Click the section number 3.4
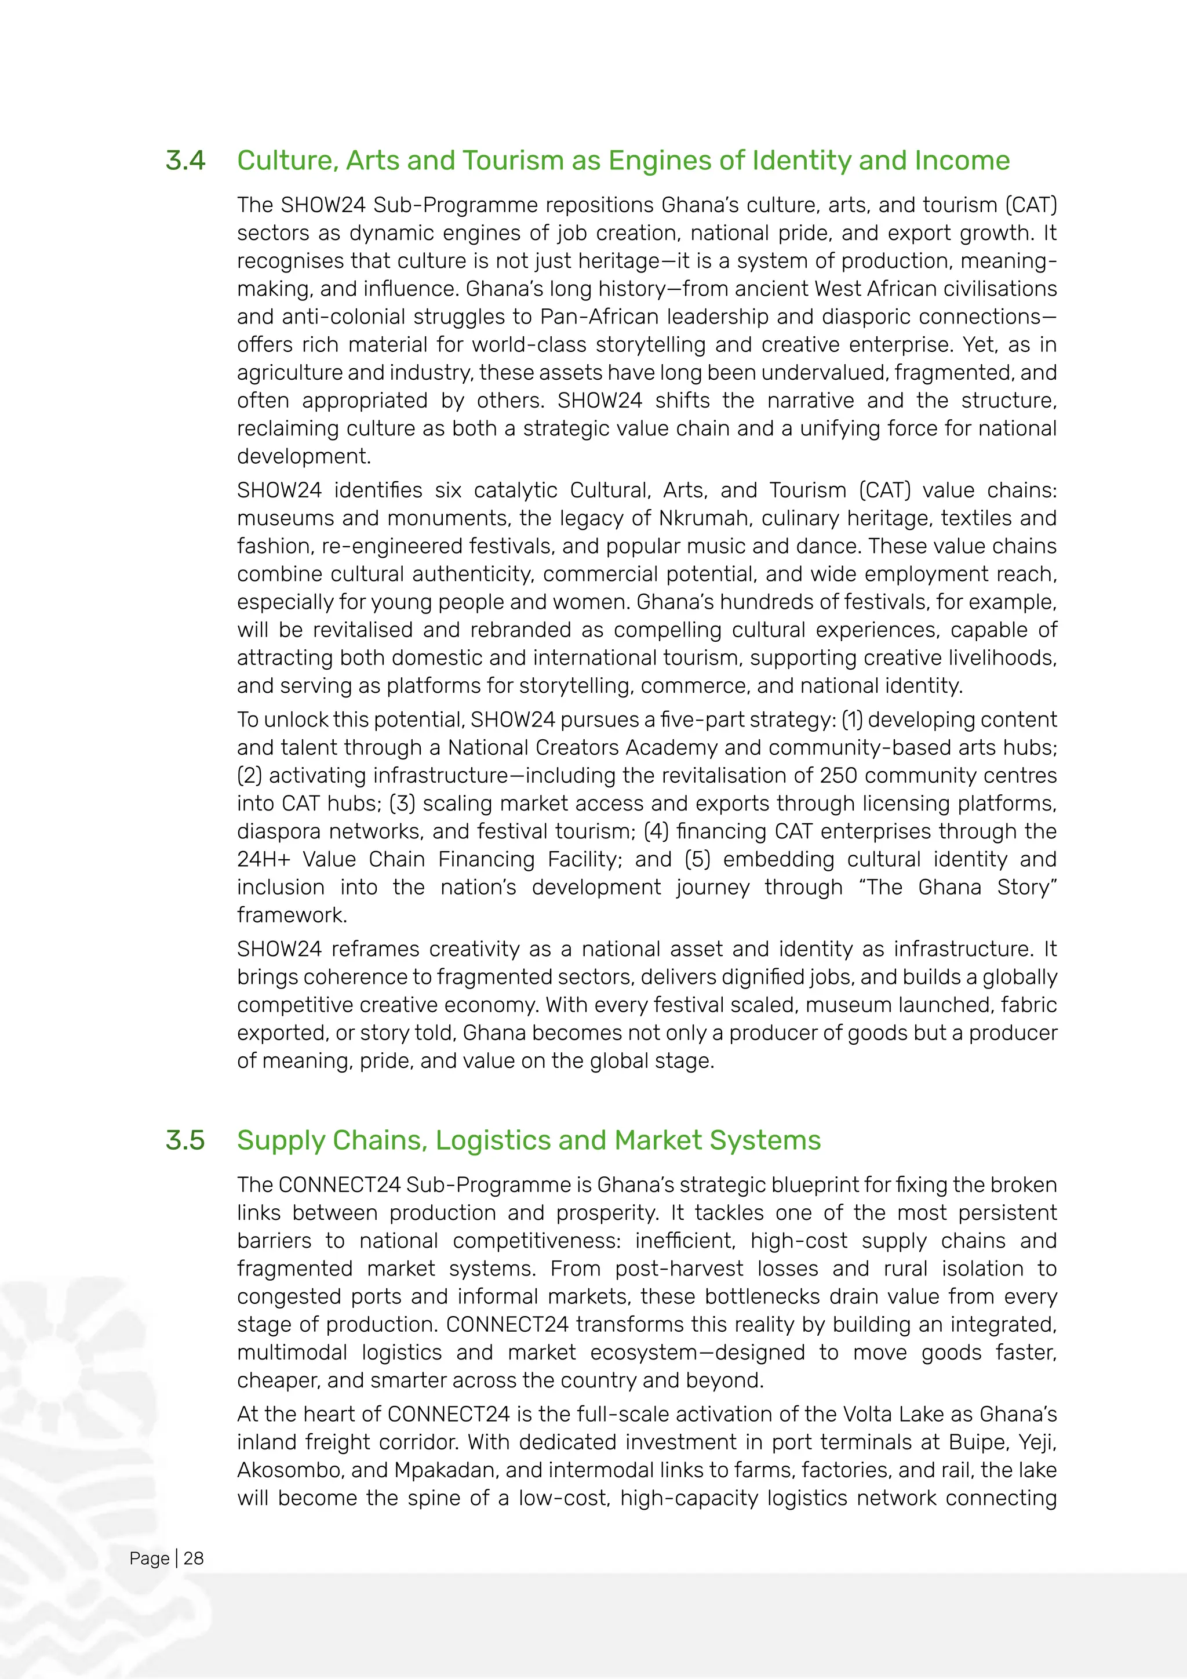[x=185, y=161]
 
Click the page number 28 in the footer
[x=194, y=1558]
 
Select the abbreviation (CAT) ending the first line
[x=1031, y=205]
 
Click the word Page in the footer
[x=149, y=1558]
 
